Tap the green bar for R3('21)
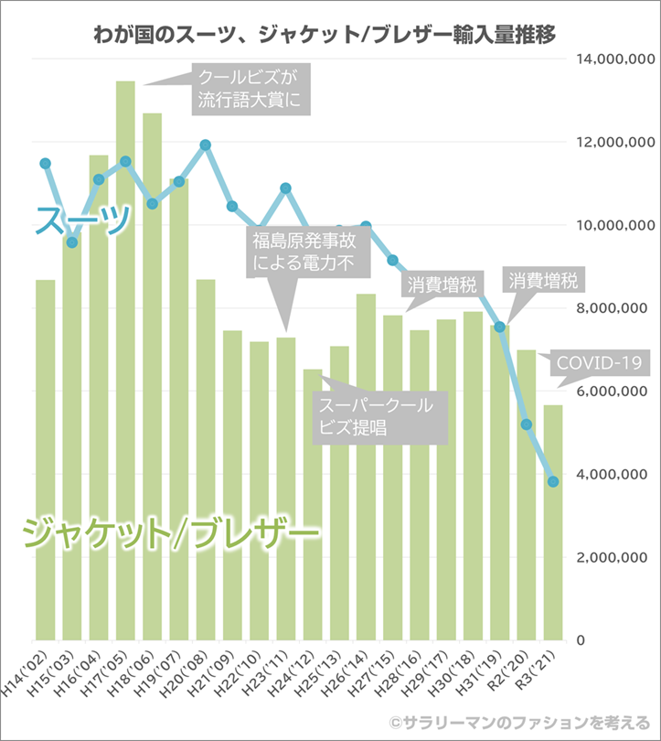click(x=553, y=521)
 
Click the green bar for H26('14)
click(x=366, y=467)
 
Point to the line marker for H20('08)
click(x=206, y=145)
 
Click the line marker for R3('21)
click(x=553, y=481)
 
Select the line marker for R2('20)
click(x=527, y=424)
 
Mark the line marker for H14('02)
click(x=45, y=164)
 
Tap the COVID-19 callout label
click(x=597, y=364)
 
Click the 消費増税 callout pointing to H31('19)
click(x=546, y=280)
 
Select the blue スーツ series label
click(x=82, y=220)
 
